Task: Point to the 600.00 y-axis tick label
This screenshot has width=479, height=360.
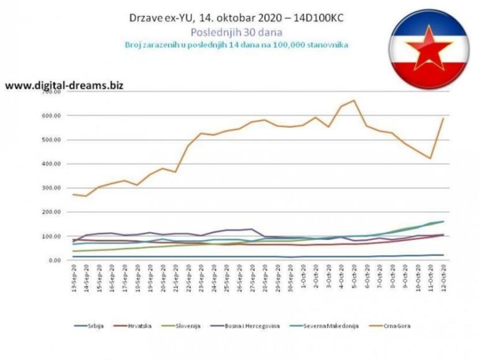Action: (52, 116)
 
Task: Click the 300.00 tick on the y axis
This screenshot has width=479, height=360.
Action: (52, 188)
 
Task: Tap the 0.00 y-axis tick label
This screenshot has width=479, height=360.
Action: (54, 260)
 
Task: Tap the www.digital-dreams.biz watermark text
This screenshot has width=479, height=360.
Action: (64, 86)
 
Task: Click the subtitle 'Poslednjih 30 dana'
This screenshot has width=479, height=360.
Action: (236, 32)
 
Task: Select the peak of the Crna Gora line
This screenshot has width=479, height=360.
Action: (354, 100)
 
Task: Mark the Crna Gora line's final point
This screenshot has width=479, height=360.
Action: (443, 118)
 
